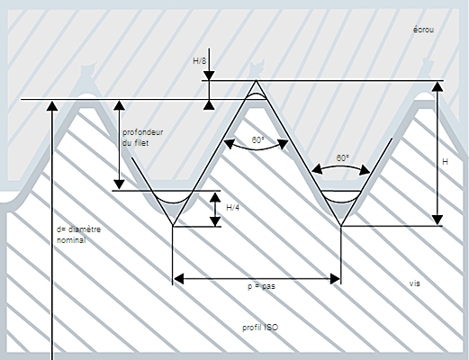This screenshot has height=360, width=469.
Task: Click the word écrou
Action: [x=423, y=30]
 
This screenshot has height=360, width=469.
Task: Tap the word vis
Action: [x=415, y=283]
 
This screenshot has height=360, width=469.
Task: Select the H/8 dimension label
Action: [x=200, y=61]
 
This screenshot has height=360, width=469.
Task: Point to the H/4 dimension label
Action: [x=232, y=208]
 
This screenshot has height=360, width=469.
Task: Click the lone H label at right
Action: [x=446, y=162]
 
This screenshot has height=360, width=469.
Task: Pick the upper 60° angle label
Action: [x=258, y=140]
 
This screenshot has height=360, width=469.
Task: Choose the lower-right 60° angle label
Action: [x=342, y=158]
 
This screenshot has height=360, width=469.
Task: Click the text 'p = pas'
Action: [x=261, y=286]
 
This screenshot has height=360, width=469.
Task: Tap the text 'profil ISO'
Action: [x=260, y=328]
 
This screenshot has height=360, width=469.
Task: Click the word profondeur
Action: [x=143, y=132]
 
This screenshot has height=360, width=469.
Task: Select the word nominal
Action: [x=71, y=240]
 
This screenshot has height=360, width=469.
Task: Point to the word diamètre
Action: [x=85, y=229]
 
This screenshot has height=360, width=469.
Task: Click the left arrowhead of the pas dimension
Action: [x=179, y=279]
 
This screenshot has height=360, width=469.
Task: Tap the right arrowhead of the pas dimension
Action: [x=335, y=279]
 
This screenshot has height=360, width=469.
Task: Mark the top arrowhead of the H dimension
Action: [x=437, y=86]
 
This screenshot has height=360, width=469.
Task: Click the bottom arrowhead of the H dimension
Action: [x=437, y=220]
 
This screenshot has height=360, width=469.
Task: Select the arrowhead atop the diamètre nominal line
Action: [x=52, y=106]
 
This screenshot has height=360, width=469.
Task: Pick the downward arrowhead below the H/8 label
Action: [x=209, y=76]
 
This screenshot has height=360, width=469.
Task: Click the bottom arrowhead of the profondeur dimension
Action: [x=120, y=184]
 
